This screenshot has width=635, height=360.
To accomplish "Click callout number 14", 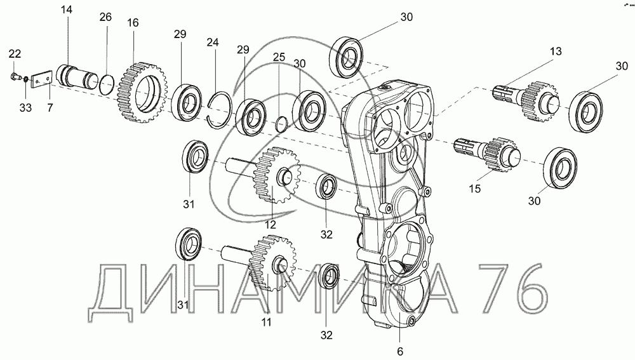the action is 67,10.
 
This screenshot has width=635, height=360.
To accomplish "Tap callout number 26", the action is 105,17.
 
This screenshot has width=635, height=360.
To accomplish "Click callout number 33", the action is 25,109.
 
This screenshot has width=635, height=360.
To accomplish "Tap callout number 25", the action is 279,58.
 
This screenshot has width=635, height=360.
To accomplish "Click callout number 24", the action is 213,43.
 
